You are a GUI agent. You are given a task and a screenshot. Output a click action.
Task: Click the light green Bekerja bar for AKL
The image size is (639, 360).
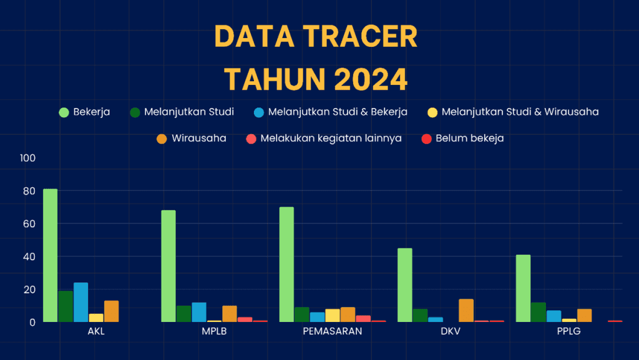click(x=50, y=255)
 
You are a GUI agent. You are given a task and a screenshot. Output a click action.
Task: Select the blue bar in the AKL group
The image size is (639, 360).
click(x=80, y=302)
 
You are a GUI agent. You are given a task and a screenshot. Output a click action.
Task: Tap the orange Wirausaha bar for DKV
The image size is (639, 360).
click(x=466, y=310)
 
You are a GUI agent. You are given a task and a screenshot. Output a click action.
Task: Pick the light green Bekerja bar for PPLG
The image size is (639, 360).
click(x=524, y=288)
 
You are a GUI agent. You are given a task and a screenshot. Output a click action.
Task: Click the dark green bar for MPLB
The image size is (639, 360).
click(x=184, y=314)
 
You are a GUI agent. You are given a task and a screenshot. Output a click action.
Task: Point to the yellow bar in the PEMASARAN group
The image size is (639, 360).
click(x=333, y=316)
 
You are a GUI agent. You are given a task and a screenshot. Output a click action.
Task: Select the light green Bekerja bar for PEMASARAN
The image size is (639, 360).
click(x=286, y=265)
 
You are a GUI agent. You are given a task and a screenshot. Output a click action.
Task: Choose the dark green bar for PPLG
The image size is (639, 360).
click(x=539, y=313)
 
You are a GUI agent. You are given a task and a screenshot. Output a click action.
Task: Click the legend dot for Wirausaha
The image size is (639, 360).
click(x=162, y=139)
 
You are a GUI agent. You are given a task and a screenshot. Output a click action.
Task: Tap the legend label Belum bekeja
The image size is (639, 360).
click(x=469, y=138)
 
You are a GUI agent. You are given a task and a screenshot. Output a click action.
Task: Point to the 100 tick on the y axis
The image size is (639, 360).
click(x=27, y=158)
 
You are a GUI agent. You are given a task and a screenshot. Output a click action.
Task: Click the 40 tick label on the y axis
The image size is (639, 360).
click(x=29, y=256)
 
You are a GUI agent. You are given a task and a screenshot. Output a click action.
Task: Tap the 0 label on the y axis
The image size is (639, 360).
click(x=32, y=322)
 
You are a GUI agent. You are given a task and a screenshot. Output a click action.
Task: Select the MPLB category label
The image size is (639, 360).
click(x=215, y=331)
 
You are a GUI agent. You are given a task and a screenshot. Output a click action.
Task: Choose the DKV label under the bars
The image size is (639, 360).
click(x=451, y=331)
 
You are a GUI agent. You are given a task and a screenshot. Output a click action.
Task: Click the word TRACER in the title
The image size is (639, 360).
click(x=360, y=37)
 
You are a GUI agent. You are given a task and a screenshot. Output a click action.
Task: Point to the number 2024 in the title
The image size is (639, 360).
click(x=371, y=79)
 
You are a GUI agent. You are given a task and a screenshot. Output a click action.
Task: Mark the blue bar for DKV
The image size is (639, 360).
click(x=436, y=319)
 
